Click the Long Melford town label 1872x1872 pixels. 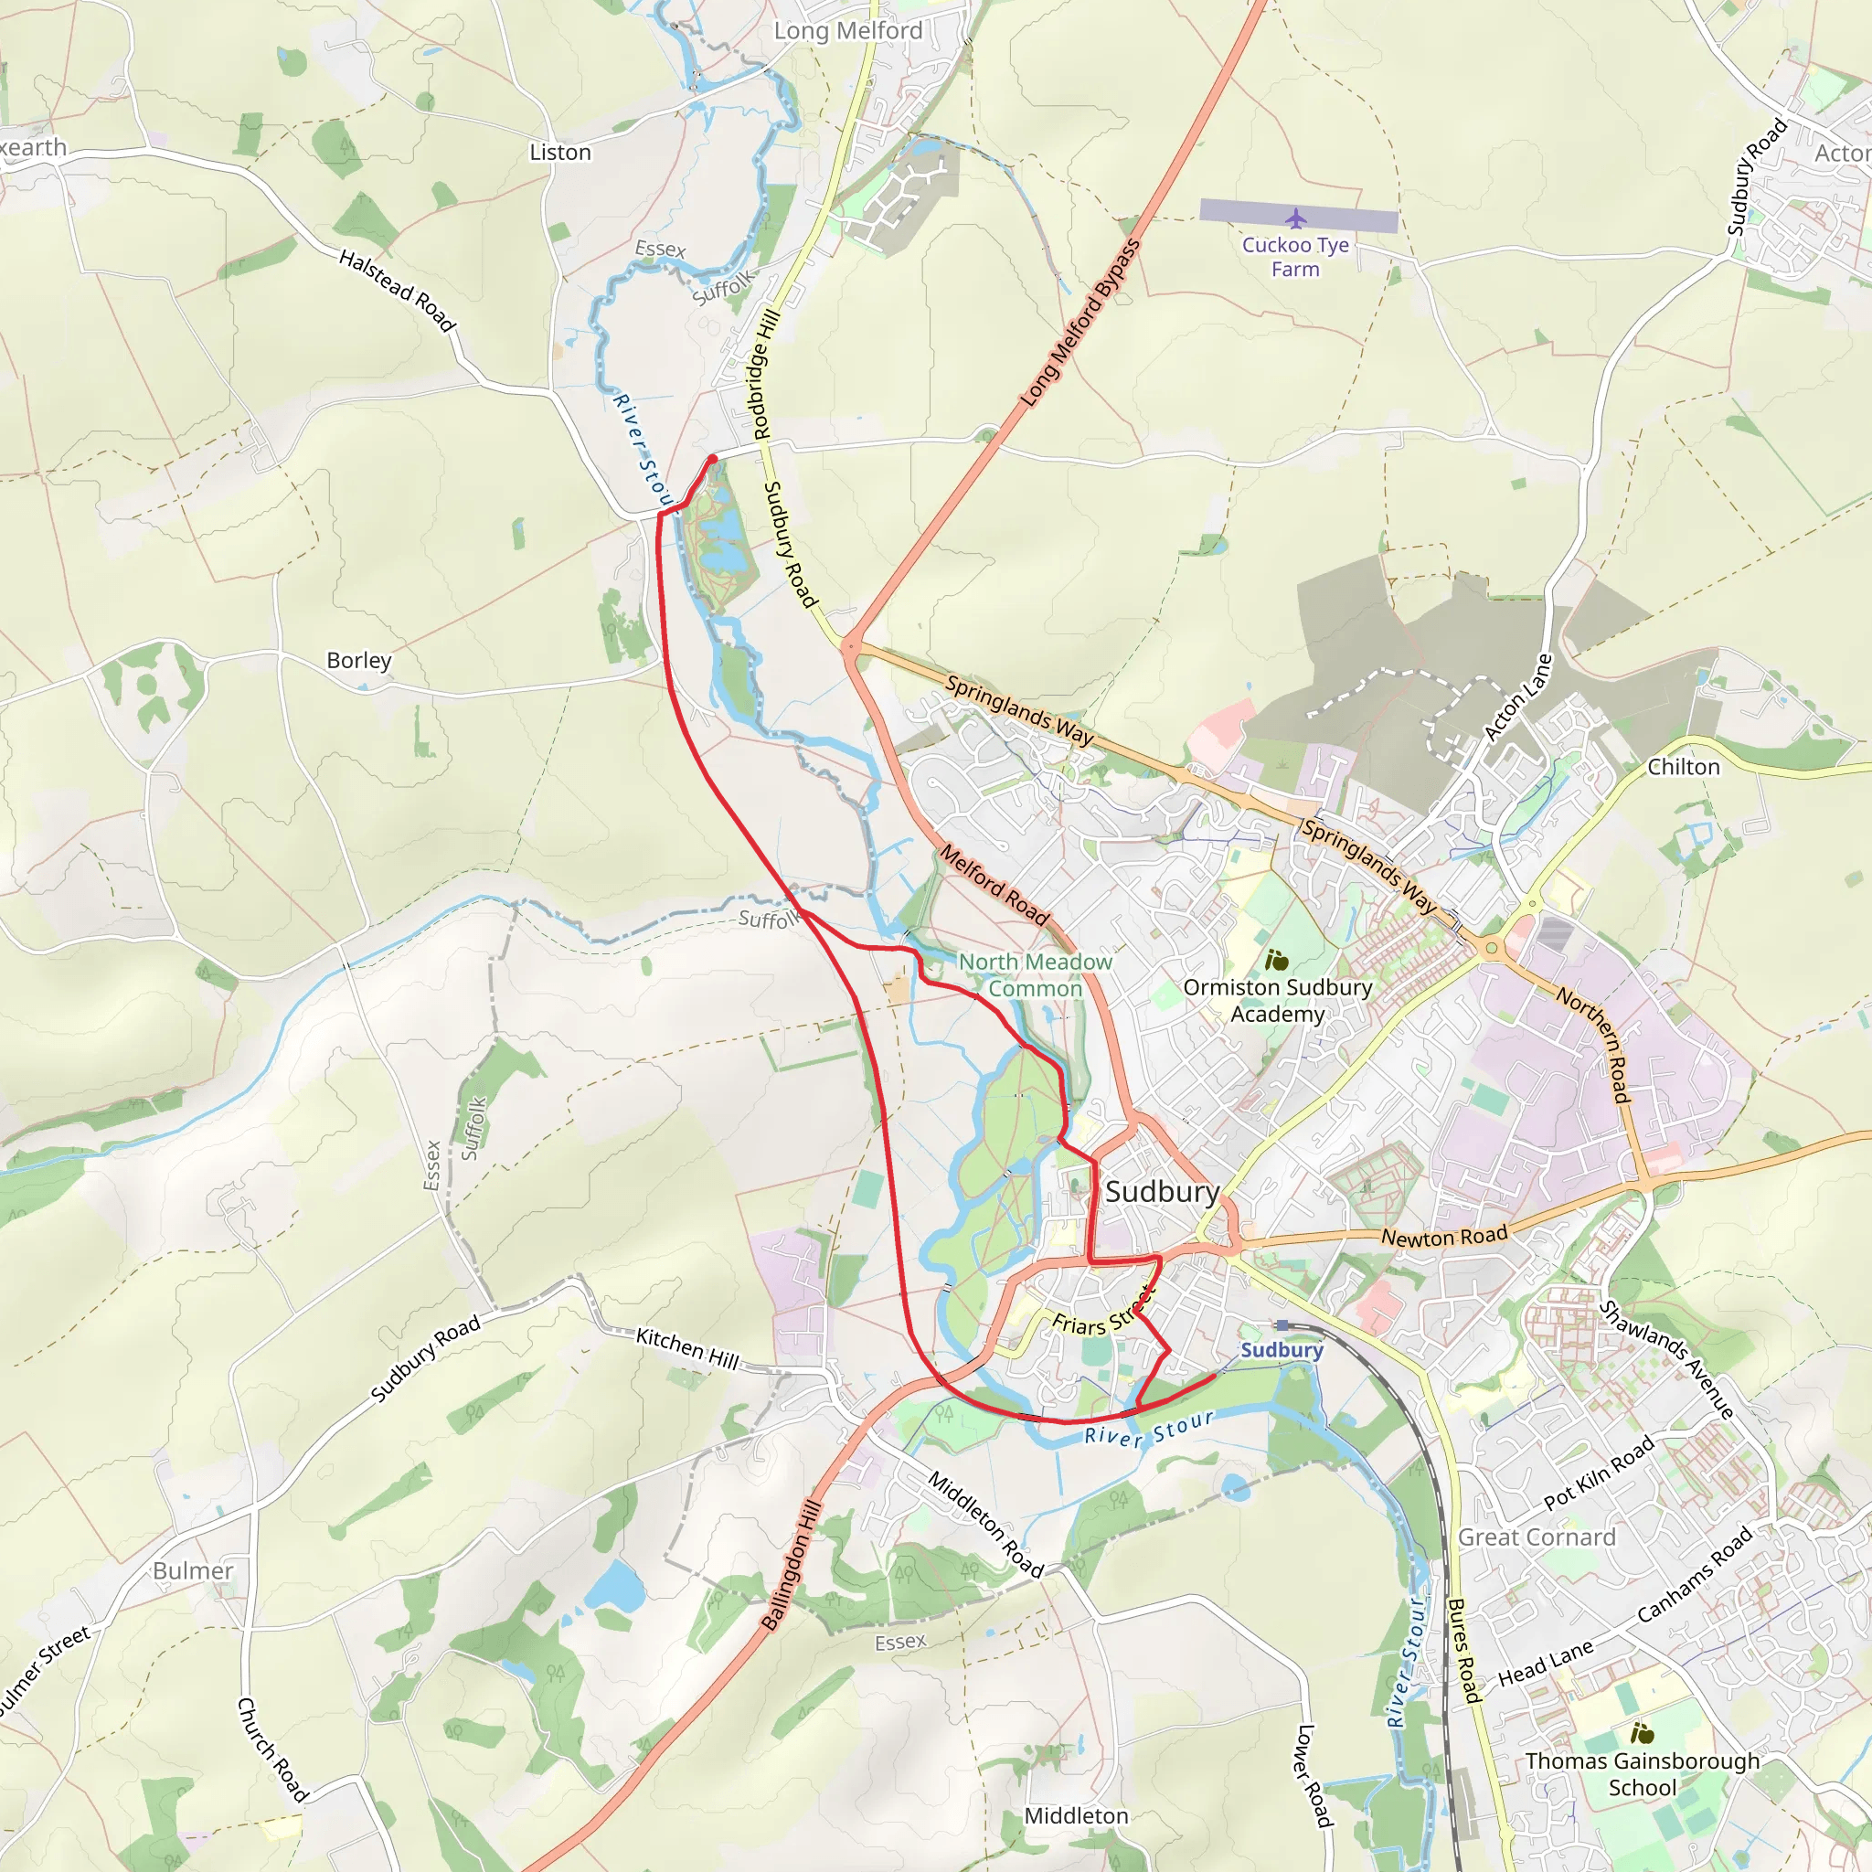pos(848,31)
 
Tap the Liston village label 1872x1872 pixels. pos(560,152)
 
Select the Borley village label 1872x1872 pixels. pos(358,660)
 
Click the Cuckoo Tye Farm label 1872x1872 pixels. pos(1295,257)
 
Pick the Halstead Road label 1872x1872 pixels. pos(397,289)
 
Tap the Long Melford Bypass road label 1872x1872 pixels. pos(1080,323)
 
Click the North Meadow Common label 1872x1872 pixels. pos(1035,974)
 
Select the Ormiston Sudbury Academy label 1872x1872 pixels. pos(1277,1000)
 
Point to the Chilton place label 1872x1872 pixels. pos(1683,766)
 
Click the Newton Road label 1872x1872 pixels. pos(1443,1237)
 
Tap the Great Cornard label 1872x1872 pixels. pos(1537,1537)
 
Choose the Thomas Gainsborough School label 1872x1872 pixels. pos(1643,1774)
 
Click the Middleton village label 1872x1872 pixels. pos(1077,1816)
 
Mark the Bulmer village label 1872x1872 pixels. pos(193,1570)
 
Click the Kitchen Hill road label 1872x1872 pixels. pos(687,1349)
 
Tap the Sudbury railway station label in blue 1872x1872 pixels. pos(1281,1350)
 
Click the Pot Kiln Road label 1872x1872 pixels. pos(1599,1473)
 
